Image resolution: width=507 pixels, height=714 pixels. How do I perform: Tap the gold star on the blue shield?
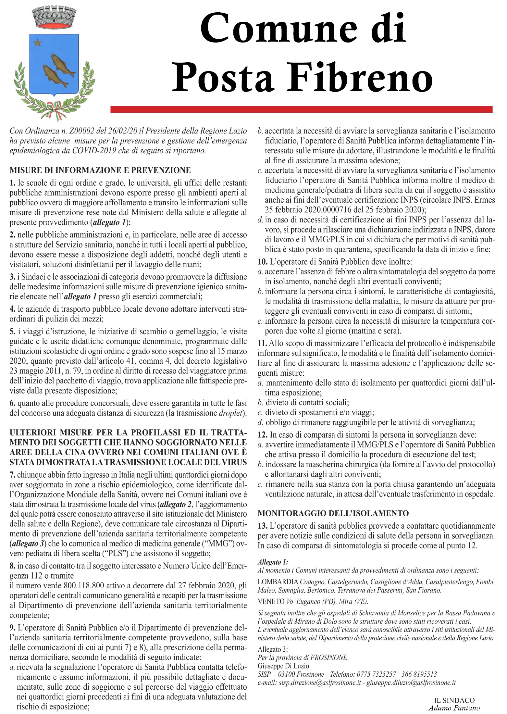[38, 42]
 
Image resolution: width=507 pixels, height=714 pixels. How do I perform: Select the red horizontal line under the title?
[301, 109]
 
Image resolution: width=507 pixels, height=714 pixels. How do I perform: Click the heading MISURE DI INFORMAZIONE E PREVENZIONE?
[100, 170]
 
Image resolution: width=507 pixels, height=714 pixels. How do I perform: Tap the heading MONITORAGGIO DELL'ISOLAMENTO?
[333, 513]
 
